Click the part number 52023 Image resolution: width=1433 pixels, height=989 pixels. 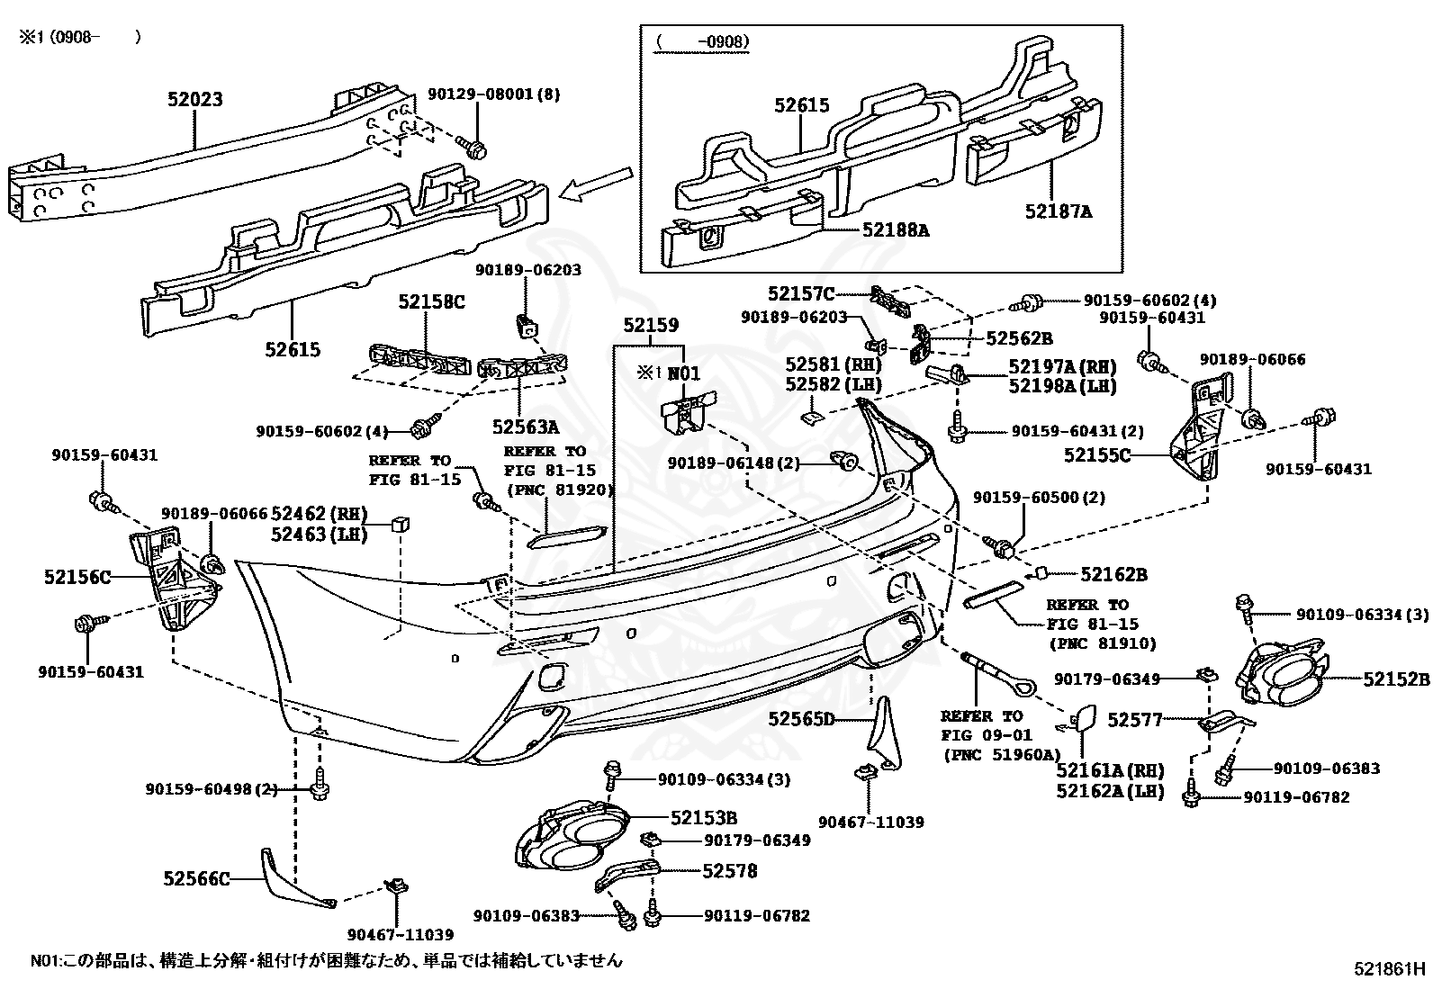(194, 100)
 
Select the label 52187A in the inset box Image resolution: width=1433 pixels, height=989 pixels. (1058, 211)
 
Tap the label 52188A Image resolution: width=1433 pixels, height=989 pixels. (895, 230)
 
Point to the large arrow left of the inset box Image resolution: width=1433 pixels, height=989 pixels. (596, 185)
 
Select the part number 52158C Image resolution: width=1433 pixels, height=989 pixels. (431, 302)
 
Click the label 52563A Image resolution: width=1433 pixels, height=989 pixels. (525, 427)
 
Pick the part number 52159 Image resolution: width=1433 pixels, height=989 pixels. (650, 326)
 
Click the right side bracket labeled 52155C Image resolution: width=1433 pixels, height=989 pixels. (1197, 432)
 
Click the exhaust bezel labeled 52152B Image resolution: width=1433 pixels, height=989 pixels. (1283, 676)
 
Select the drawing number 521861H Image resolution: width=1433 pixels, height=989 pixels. (1389, 969)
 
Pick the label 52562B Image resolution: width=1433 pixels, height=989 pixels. (1018, 338)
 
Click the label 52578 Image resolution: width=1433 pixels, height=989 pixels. (729, 870)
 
